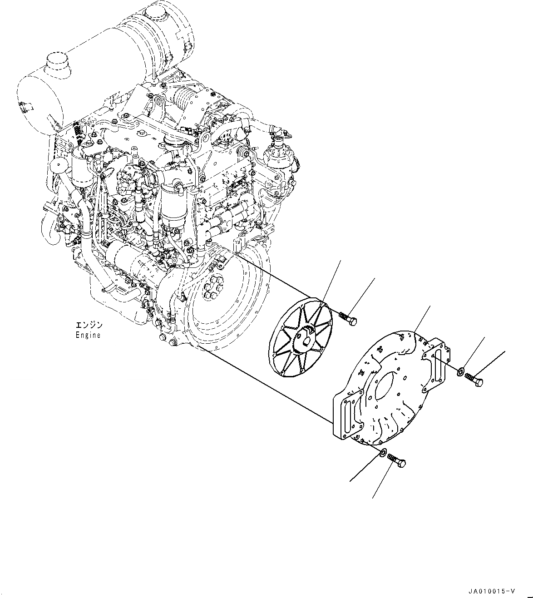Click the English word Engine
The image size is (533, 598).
(88, 335)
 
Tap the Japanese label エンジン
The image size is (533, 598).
(89, 325)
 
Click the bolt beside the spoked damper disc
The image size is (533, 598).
(348, 318)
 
